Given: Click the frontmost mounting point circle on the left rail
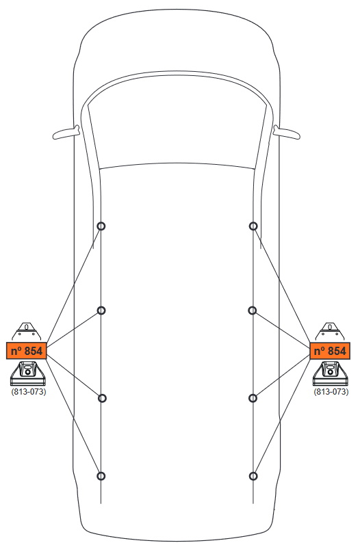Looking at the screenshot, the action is coord(101,222).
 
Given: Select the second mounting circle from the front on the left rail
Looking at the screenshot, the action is coord(101,307).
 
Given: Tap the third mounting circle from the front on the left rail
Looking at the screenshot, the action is coord(102,395).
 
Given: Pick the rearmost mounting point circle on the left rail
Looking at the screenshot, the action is coord(101,473).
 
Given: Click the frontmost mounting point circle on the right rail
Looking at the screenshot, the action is coord(253,222).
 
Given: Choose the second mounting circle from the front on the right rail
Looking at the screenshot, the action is coord(253,307).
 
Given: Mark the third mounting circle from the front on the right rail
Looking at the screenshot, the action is coord(253,395).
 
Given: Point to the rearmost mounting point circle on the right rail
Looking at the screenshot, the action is coord(253,473).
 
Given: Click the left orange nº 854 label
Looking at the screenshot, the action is coord(26,351).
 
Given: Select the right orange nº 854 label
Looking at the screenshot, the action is coord(330,351).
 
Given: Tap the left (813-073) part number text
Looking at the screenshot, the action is coord(29,392).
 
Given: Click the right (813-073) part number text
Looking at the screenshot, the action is coord(331,392).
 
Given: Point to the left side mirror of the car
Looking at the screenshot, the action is coord(66,133).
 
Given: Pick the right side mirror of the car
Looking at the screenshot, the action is coord(287,133).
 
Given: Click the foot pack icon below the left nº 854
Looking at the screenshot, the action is coord(28,373).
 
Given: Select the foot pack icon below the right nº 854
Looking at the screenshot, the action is coord(331,373).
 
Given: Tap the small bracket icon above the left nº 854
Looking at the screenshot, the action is coord(26,331).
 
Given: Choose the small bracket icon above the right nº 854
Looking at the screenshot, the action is coord(330,331).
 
